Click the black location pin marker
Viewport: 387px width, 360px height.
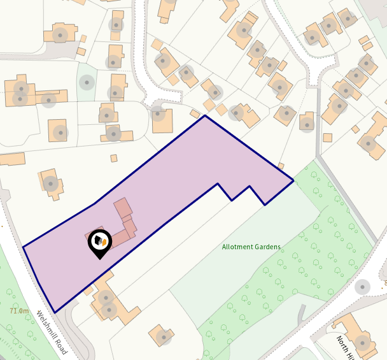tap(99, 242)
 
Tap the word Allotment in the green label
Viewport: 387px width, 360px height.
tap(237, 247)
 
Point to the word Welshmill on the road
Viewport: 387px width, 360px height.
tap(45, 322)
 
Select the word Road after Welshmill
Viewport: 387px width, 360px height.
tap(60, 345)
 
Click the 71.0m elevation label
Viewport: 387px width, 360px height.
tap(19, 311)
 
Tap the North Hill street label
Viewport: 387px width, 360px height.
tap(348, 348)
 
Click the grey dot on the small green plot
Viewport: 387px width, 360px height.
tap(86, 82)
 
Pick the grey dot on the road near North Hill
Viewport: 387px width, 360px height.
tap(362, 287)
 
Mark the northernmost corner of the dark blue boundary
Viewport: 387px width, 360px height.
tap(204, 116)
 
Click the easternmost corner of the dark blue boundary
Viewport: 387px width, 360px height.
tap(293, 181)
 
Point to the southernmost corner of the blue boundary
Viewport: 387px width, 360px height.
tap(55, 312)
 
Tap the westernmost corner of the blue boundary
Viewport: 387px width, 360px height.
tap(24, 247)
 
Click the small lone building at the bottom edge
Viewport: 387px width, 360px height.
tap(162, 335)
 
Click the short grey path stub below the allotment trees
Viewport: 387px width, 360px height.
tap(302, 313)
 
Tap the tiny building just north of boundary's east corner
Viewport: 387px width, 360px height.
tap(281, 166)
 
